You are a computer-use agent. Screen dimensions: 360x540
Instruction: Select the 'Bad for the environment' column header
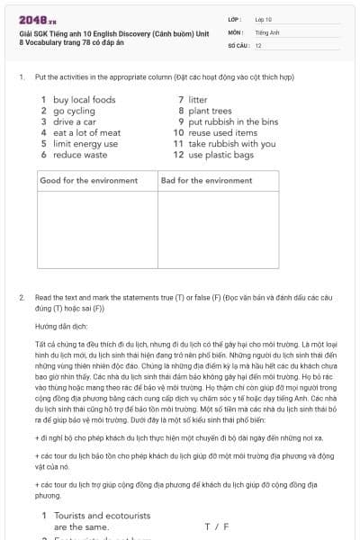(x=207, y=181)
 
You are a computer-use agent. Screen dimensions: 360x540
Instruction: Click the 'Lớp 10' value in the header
(x=264, y=18)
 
